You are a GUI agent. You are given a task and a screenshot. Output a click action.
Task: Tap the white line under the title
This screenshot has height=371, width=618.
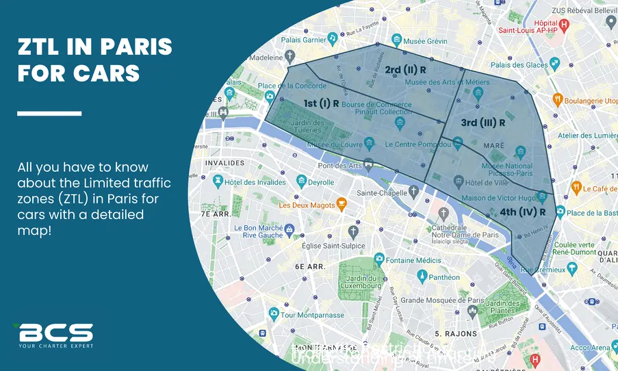[49, 113]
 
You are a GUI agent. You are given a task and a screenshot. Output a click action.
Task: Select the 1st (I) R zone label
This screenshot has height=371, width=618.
[322, 103]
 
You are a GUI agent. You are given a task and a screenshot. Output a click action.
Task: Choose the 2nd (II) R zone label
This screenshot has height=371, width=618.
[405, 70]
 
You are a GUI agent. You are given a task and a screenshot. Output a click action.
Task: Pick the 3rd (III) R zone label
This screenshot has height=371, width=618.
[482, 123]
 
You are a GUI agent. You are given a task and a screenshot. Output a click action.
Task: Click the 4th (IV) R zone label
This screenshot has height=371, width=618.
[522, 212]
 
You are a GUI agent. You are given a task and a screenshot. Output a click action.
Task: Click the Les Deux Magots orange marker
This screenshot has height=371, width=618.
[342, 205]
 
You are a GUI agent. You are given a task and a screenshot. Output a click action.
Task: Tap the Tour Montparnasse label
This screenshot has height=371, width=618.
[307, 314]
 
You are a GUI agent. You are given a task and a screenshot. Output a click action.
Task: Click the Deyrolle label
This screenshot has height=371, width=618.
[320, 182]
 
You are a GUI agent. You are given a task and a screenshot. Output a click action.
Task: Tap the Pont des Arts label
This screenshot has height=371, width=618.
[339, 165]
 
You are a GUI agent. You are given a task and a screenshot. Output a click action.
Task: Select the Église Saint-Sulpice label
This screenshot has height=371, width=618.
[331, 245]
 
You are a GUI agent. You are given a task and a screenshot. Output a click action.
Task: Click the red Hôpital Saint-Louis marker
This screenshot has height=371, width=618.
[564, 25]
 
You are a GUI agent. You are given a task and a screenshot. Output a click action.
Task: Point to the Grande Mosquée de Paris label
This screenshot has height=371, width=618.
[435, 300]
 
